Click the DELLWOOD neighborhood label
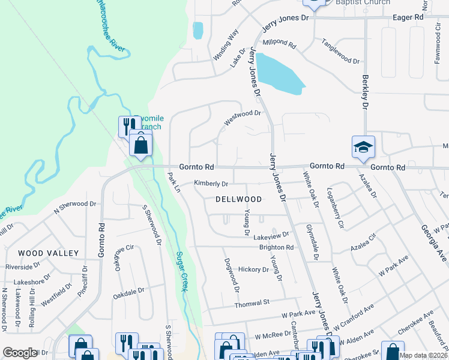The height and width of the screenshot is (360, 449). click(x=239, y=199)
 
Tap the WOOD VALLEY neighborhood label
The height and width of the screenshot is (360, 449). click(x=41, y=253)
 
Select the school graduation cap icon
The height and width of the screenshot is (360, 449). click(x=363, y=147)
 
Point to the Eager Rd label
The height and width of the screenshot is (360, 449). click(x=408, y=18)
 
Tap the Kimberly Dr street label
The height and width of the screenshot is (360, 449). click(x=211, y=184)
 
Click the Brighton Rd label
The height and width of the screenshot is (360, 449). click(x=276, y=247)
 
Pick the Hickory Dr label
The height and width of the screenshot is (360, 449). click(x=253, y=270)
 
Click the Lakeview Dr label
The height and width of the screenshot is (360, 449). click(x=271, y=235)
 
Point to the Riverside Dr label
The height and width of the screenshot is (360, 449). click(x=23, y=265)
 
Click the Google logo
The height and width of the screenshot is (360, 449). click(x=20, y=353)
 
